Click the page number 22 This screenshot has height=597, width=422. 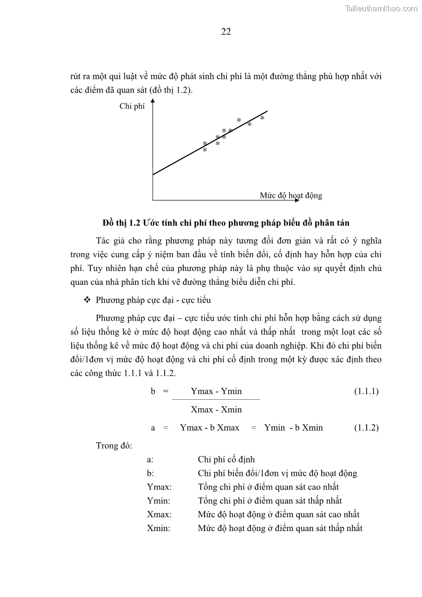coord(226,31)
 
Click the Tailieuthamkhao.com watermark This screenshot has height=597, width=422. coord(381,8)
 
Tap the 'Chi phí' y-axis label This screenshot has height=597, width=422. coord(132,106)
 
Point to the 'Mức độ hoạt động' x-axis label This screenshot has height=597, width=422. coord(291,195)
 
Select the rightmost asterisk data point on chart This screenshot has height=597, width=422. coord(262,119)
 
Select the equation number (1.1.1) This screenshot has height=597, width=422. coord(366,391)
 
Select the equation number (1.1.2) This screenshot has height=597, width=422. coord(366,427)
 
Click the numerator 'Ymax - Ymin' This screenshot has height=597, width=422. coord(216,391)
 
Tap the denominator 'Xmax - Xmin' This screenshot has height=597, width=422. coord(216,409)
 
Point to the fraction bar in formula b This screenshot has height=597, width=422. coord(216,399)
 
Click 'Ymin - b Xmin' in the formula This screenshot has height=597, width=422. coord(293,427)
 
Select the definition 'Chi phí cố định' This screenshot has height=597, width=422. coord(226,459)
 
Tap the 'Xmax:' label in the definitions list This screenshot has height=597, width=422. coord(159,515)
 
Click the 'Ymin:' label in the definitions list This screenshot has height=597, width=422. coord(158,501)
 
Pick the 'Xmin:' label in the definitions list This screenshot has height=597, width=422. coord(158,528)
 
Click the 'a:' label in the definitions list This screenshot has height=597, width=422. coord(150,459)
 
